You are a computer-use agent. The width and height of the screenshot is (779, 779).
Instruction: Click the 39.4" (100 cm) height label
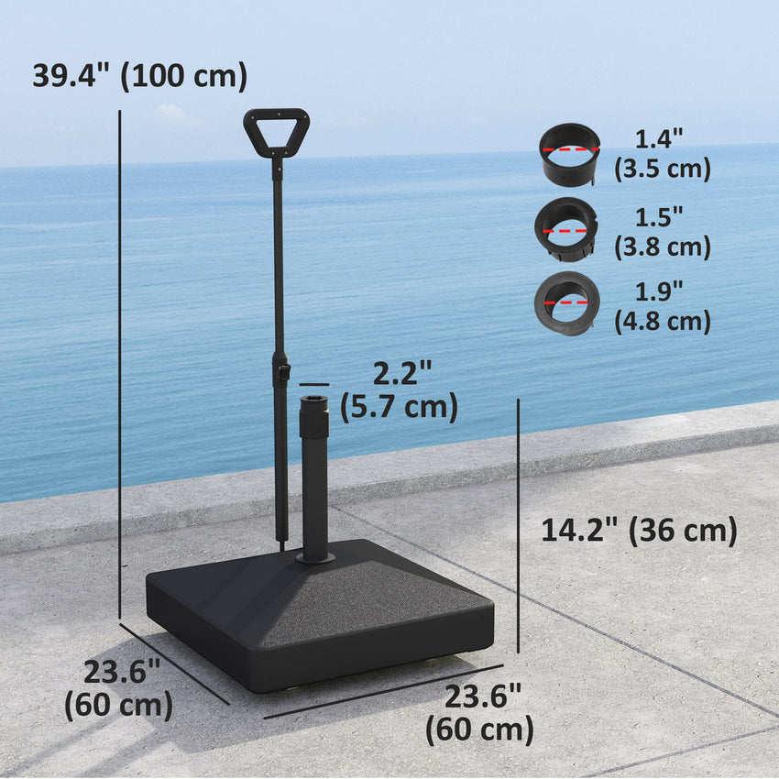(139, 75)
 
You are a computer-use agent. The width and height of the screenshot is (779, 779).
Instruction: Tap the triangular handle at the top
(276, 131)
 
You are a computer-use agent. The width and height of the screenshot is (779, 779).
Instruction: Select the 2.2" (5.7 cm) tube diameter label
(400, 390)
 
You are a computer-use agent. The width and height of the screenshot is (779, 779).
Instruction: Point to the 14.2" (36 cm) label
(639, 530)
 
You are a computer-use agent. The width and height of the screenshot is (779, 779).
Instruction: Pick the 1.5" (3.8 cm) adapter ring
(566, 229)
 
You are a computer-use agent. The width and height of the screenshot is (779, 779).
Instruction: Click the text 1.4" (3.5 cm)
(661, 154)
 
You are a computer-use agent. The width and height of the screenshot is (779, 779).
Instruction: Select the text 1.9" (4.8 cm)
(661, 306)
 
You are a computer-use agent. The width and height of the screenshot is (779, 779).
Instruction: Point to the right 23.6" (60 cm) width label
(481, 712)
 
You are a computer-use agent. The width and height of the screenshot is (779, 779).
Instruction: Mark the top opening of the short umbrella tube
(313, 399)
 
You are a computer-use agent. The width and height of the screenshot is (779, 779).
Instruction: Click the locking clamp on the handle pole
(282, 370)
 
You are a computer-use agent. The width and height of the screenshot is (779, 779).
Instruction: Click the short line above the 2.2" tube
(313, 385)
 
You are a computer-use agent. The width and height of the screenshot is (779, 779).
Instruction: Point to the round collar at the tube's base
(314, 556)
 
